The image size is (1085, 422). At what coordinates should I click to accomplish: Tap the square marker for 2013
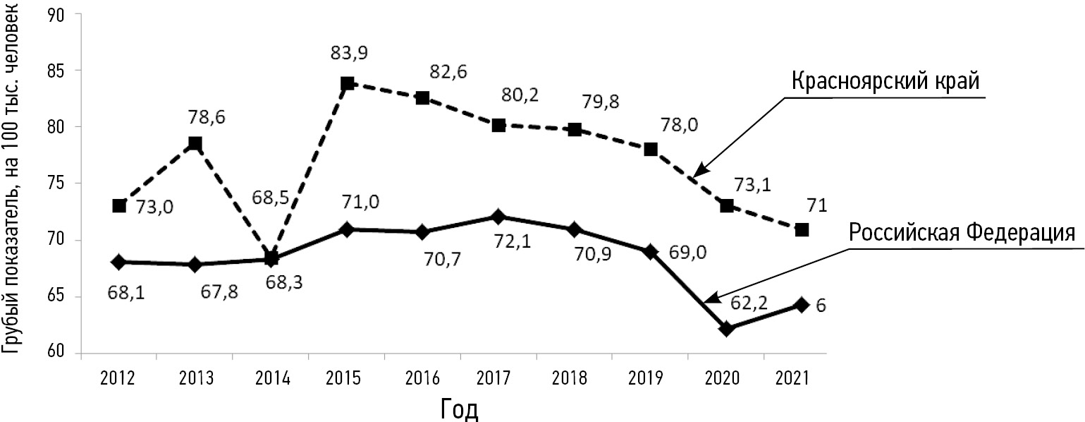(195, 144)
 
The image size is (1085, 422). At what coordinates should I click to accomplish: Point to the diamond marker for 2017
(498, 216)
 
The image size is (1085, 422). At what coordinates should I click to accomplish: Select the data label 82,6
(448, 71)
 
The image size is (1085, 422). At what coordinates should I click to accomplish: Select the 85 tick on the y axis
(54, 71)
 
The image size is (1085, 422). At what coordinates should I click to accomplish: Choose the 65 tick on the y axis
(54, 296)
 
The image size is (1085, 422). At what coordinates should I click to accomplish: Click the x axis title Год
(459, 408)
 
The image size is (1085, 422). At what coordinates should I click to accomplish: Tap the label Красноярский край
(885, 81)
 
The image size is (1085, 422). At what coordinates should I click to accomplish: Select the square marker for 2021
(802, 230)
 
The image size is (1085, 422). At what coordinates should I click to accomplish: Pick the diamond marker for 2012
(118, 262)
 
